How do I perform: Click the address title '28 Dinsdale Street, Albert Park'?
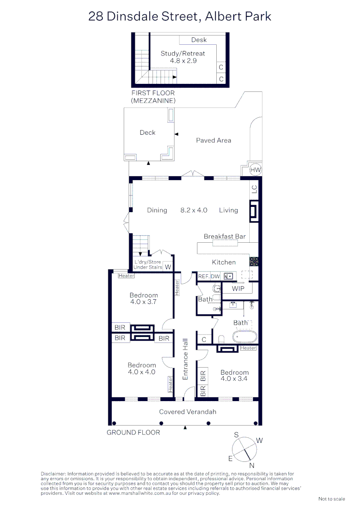[180, 16]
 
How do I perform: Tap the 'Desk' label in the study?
[199, 40]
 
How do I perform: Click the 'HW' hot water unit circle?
[255, 170]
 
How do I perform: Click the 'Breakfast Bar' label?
[224, 237]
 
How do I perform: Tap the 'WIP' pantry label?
[238, 288]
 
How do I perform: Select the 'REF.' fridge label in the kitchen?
[204, 277]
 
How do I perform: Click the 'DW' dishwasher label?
[215, 277]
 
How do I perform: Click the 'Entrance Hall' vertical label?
[186, 359]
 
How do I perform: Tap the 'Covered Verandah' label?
[188, 412]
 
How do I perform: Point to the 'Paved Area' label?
[213, 140]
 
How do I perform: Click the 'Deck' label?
[147, 133]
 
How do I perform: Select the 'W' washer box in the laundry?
[168, 267]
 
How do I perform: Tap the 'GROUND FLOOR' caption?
[133, 433]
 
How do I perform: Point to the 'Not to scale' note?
[332, 499]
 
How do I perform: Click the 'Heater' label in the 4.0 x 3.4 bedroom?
[248, 348]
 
